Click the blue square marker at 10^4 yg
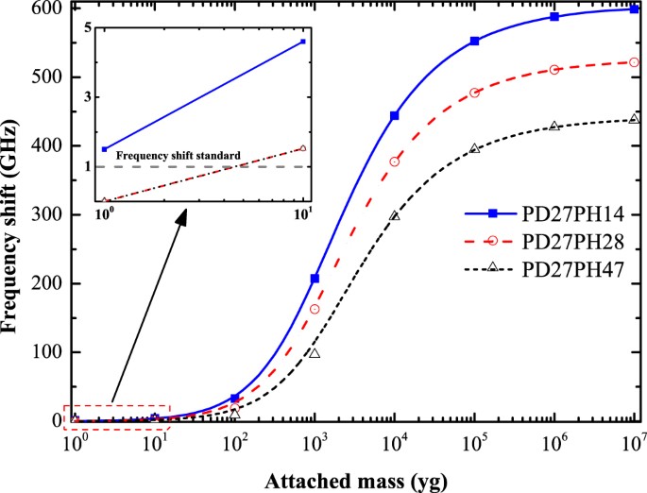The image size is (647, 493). click(x=395, y=115)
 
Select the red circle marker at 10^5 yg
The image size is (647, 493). click(x=475, y=93)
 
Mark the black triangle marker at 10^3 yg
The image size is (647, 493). click(x=315, y=353)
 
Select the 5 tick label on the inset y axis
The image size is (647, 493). click(x=88, y=26)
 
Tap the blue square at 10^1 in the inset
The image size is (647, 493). click(x=303, y=42)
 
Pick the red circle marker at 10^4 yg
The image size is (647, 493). click(x=395, y=161)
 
